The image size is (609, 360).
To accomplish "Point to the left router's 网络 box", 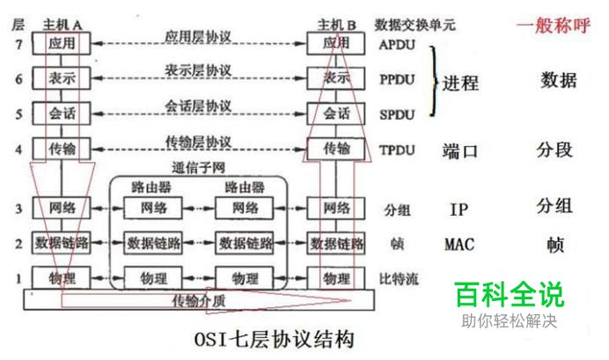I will pos(150,208).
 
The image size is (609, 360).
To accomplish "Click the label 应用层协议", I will pos(198,36).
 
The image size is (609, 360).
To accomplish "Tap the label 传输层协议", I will pos(198,142).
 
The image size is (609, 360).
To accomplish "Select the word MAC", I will pos(459,244).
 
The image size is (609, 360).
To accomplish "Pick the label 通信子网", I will pos(200,167).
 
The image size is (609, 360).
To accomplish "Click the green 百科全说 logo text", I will pos(509,294).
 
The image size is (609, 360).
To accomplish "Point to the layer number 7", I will pos(18,42).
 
